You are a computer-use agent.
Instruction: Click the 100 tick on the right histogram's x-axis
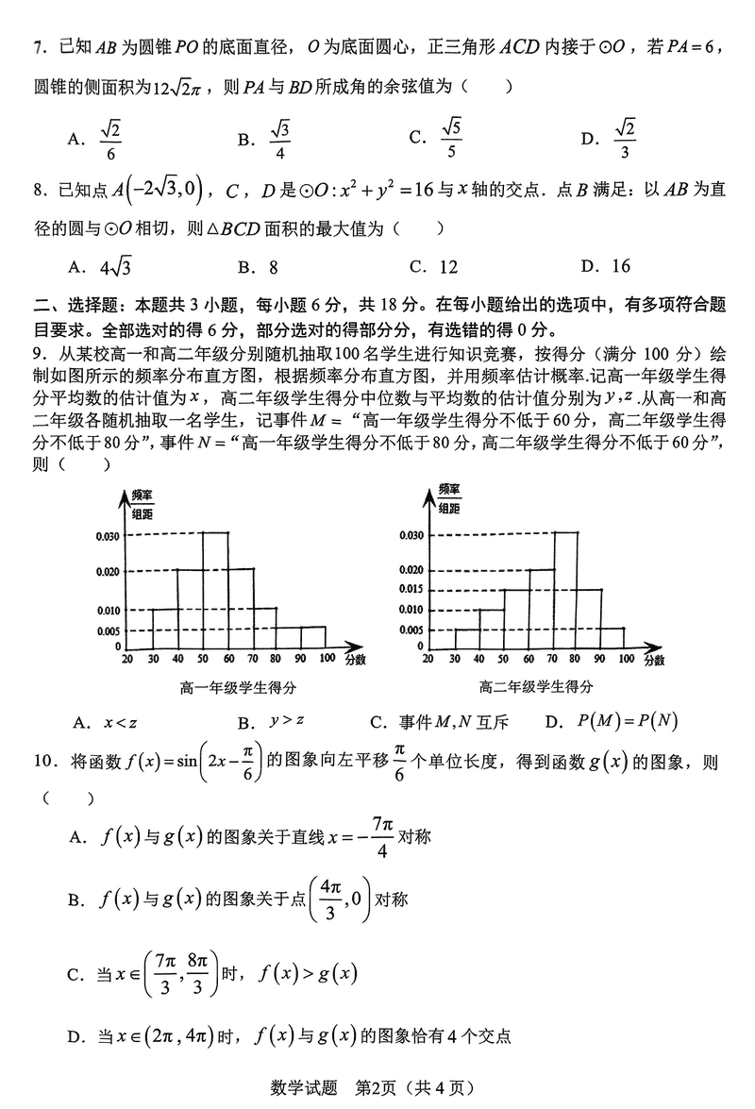[624, 658]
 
